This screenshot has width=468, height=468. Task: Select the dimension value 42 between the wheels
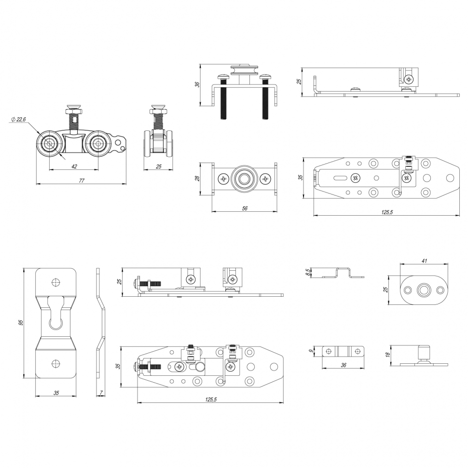[x=74, y=166]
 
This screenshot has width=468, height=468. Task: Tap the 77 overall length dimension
[x=82, y=180]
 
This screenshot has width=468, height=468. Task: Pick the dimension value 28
[x=197, y=179]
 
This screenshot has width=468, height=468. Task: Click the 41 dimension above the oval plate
[x=424, y=261]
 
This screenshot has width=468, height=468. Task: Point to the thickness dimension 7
[x=101, y=393]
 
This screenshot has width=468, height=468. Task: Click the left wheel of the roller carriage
[x=50, y=143]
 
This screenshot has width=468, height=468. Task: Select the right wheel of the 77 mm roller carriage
[x=98, y=143]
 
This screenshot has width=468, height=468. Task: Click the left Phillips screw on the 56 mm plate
[x=223, y=179]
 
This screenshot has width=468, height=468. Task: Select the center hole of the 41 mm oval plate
[x=424, y=290]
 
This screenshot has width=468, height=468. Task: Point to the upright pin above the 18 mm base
[x=424, y=351]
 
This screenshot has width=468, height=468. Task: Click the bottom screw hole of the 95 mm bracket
[x=56, y=364]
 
